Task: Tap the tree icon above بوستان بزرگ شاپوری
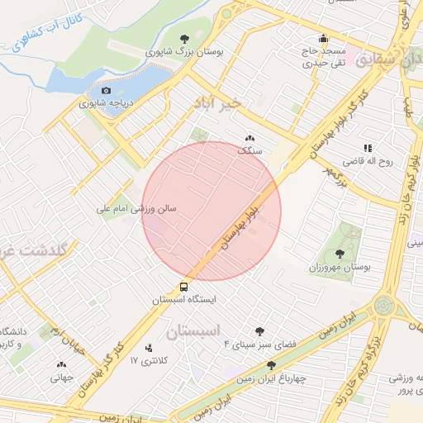click(x=184, y=38)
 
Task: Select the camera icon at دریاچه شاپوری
click(x=106, y=91)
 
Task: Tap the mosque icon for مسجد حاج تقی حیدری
click(x=323, y=38)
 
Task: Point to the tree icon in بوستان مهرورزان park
click(x=340, y=254)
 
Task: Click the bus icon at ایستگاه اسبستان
click(x=183, y=288)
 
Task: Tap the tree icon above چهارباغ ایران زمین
click(x=271, y=364)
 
